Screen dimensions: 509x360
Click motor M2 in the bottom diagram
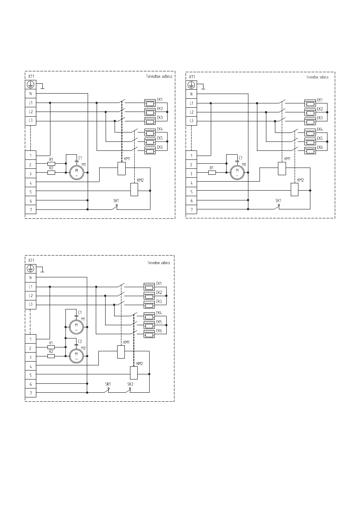pos(77,356)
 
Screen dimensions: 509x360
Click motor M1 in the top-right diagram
pos(236,172)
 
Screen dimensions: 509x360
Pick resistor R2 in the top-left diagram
pos(51,172)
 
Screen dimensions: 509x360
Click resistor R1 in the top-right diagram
pos(212,172)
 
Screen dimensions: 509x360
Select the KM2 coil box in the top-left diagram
pos(134,189)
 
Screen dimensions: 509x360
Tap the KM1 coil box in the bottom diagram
pos(121,352)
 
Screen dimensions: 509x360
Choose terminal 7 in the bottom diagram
pos(31,394)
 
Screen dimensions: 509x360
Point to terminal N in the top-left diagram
pos(31,94)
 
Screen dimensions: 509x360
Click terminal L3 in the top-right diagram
pos(192,121)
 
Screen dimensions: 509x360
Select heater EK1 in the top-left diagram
pos(150,103)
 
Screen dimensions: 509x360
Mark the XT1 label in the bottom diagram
pos(31,260)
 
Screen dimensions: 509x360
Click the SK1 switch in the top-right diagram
pos(278,206)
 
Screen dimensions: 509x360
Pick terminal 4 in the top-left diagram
pos(31,182)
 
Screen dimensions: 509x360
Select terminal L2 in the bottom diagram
pos(31,295)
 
